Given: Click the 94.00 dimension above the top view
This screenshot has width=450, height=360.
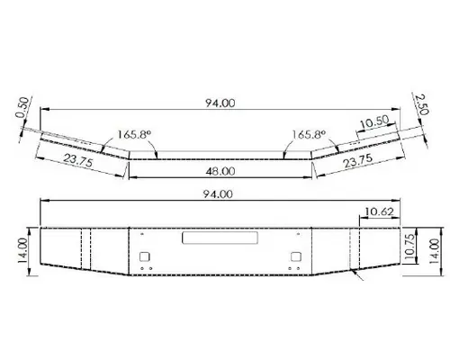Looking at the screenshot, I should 220,103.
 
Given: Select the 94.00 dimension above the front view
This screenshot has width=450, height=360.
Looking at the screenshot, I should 220,194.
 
